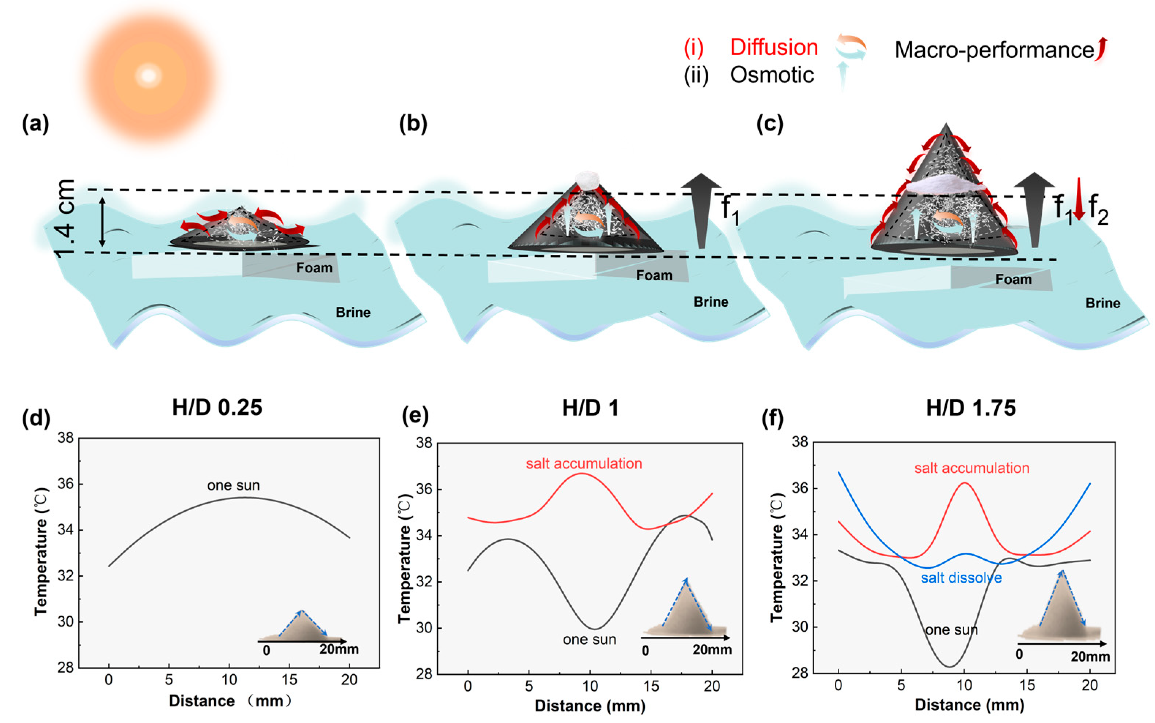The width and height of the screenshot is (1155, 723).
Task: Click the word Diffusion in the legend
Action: point(773,48)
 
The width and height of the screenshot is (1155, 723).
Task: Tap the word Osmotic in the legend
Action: point(772,75)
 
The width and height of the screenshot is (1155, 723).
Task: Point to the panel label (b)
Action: point(413,124)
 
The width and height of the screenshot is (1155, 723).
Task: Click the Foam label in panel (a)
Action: point(314,268)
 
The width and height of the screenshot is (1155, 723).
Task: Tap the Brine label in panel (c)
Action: point(1102,303)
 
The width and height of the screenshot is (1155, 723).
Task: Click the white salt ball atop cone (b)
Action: point(587,180)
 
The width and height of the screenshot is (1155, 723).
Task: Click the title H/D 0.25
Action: point(217,408)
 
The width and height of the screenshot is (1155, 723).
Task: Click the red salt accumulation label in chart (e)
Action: point(584,463)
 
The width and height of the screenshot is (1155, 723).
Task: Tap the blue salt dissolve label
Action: point(961,578)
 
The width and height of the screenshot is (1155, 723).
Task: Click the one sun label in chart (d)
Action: point(233,485)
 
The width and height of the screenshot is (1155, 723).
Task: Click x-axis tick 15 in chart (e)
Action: point(651,686)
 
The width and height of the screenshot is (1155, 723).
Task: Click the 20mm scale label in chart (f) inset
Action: point(1090,656)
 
